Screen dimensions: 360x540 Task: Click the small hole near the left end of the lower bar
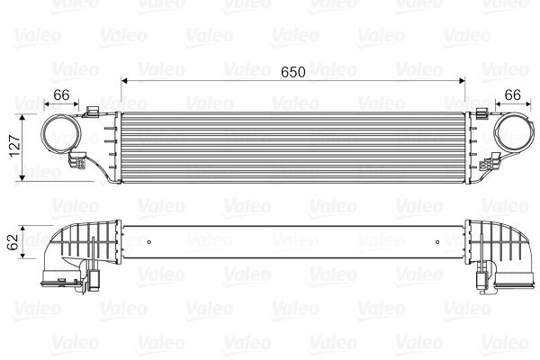(x=146, y=240)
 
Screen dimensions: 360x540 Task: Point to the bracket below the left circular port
(x=79, y=166)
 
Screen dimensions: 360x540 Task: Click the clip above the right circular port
(x=486, y=112)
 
